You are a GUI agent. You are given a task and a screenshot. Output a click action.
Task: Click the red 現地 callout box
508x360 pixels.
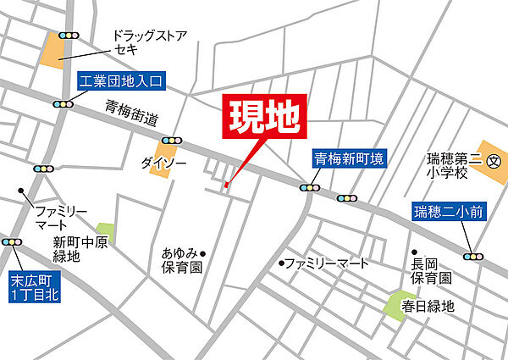[262, 119]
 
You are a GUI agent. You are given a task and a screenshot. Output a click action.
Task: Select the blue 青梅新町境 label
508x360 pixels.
[349, 158]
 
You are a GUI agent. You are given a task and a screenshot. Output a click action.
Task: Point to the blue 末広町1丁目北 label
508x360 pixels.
[31, 286]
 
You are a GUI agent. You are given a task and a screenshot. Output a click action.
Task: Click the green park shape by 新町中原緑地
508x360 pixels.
[105, 230]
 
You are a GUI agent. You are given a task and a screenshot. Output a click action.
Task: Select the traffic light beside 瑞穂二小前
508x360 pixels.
[473, 256]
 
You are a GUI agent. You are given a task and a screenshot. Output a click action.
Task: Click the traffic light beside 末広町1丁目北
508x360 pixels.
[12, 242]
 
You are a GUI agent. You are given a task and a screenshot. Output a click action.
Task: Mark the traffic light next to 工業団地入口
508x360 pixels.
[63, 104]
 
